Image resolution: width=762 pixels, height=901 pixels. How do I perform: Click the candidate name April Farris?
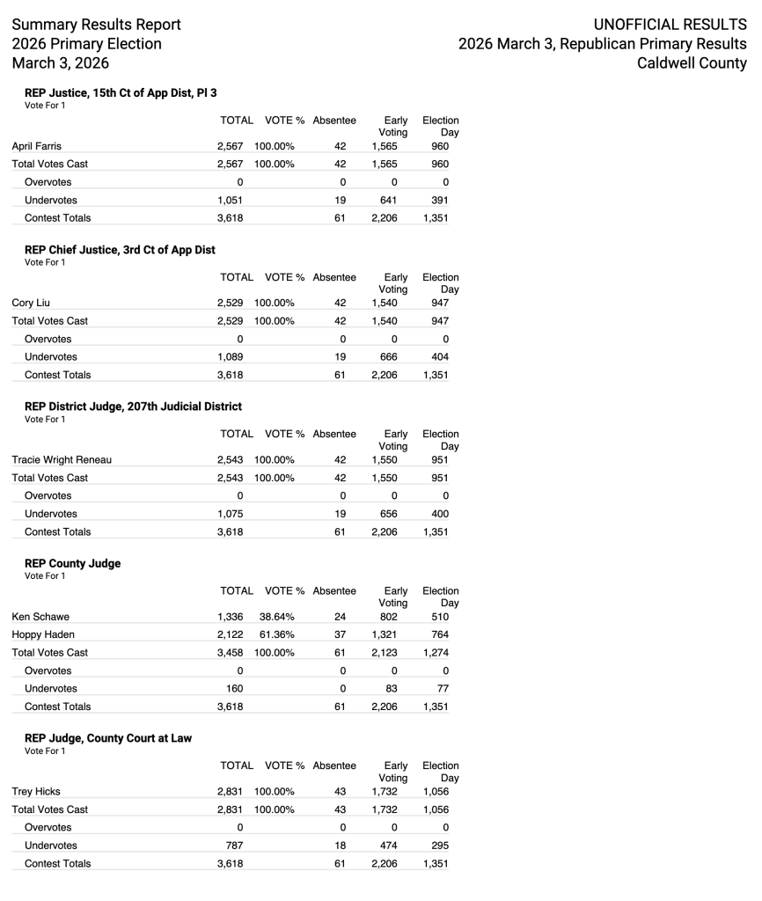pos(37,146)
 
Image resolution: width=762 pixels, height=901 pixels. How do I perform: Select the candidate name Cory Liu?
pos(31,303)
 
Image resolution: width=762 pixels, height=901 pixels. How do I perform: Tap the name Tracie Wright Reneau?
pos(62,460)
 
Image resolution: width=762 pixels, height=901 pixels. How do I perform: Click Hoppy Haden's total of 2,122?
pos(230,634)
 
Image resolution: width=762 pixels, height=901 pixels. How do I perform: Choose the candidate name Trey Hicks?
pos(36,791)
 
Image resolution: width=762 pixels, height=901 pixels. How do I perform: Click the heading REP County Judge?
pos(73,563)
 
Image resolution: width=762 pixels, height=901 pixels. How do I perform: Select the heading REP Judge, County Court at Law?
pos(108,738)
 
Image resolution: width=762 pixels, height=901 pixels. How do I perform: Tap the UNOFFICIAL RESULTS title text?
pos(670,25)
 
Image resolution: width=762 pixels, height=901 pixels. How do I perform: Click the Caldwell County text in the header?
pos(692,63)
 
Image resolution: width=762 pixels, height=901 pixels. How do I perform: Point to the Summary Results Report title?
pos(96,25)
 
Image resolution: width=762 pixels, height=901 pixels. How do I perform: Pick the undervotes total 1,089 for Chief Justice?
pos(230,356)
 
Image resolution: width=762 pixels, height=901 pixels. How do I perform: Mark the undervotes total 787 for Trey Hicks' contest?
pos(234,845)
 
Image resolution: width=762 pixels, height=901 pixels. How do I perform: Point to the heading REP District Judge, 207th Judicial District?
pos(133,407)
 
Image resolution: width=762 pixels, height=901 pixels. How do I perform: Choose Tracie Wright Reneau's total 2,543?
pos(230,460)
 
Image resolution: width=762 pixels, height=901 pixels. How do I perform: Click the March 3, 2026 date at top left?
pos(61,63)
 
